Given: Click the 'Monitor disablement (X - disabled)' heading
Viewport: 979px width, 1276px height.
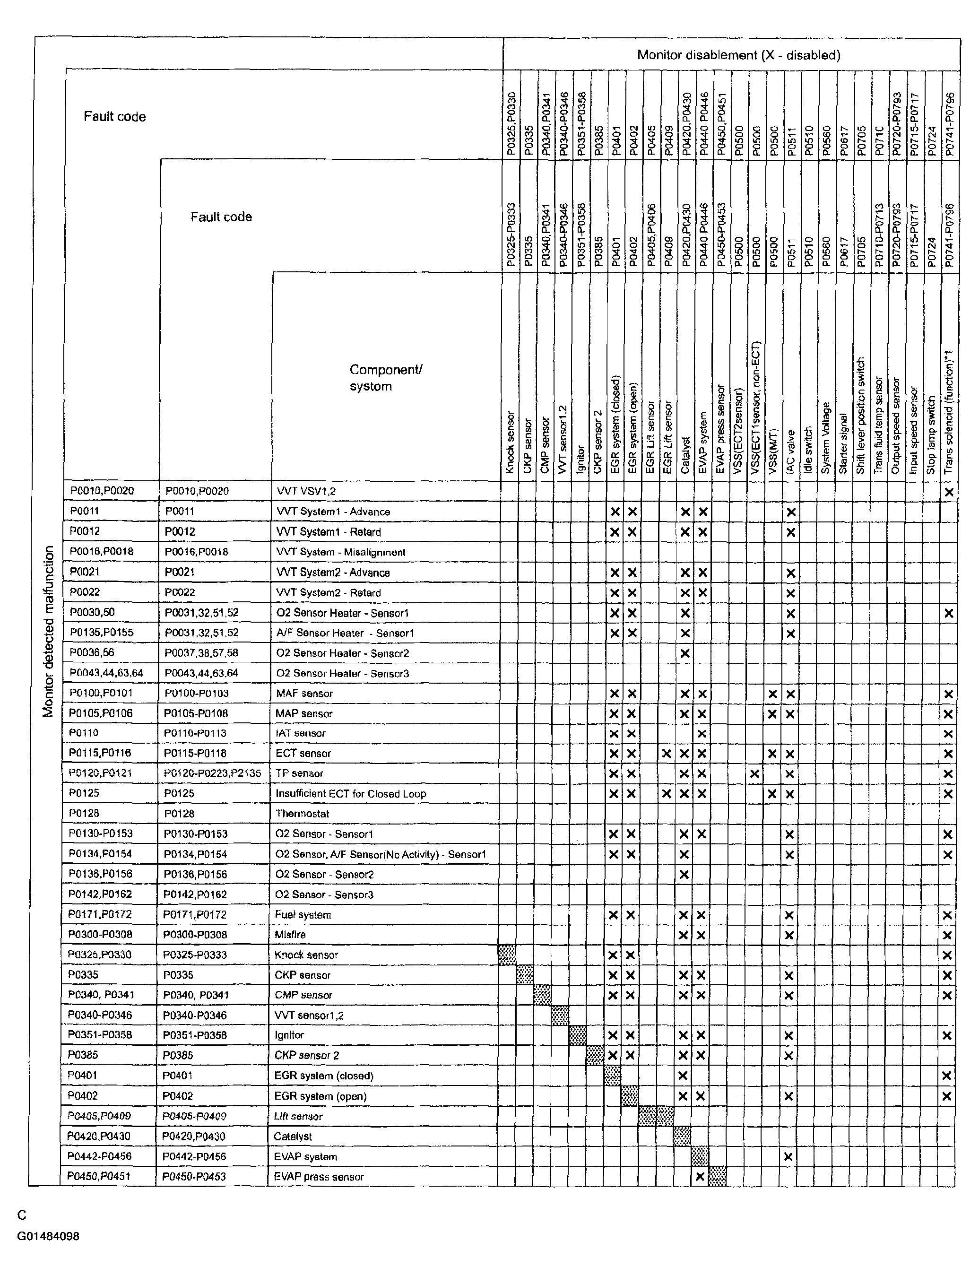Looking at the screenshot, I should [x=738, y=55].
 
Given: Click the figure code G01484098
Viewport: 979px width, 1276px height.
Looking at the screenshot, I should [x=48, y=1236].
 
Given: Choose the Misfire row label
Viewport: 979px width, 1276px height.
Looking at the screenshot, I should [x=290, y=935].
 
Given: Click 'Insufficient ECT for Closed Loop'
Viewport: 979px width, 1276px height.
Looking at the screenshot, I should [x=350, y=794].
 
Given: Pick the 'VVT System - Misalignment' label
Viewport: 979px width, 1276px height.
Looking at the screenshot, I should [x=340, y=552].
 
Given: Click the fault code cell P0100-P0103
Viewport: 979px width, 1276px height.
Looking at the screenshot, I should [x=196, y=694].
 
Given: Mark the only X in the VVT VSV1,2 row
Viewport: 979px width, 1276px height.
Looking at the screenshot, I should [x=949, y=492].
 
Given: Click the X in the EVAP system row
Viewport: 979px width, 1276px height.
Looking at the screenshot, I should [x=788, y=1156].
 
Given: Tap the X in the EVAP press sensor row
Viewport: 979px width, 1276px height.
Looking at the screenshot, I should [x=701, y=1176].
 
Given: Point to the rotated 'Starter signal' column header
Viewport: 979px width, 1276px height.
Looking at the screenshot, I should [x=843, y=443].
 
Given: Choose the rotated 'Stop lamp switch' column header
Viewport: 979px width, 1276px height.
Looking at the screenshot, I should [x=931, y=434].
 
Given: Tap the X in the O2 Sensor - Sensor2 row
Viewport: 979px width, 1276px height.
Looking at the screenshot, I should [x=684, y=874].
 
